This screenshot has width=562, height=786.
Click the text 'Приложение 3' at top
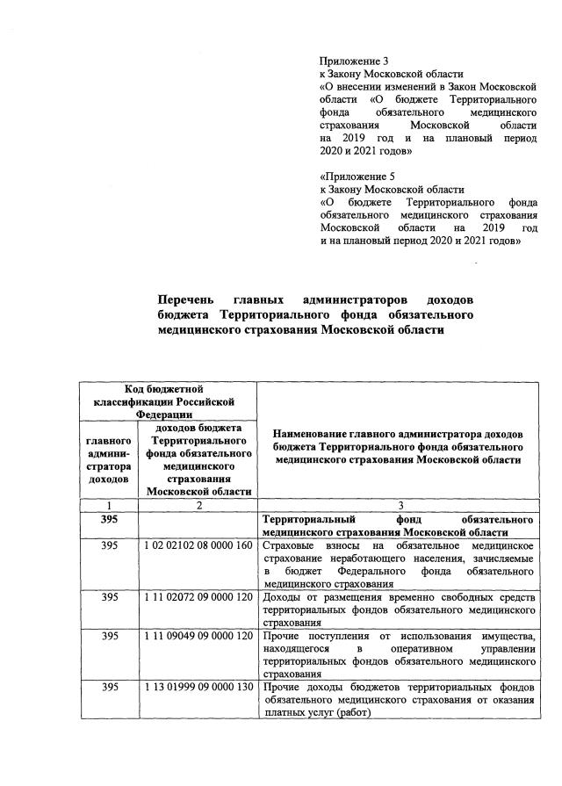click(x=354, y=61)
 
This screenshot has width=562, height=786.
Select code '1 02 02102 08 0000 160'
click(x=198, y=546)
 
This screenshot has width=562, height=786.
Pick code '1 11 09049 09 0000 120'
click(x=198, y=635)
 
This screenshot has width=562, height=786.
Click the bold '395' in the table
click(x=109, y=519)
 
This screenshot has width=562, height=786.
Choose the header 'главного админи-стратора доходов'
click(x=109, y=459)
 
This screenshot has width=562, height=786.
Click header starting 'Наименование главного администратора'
click(x=400, y=446)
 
